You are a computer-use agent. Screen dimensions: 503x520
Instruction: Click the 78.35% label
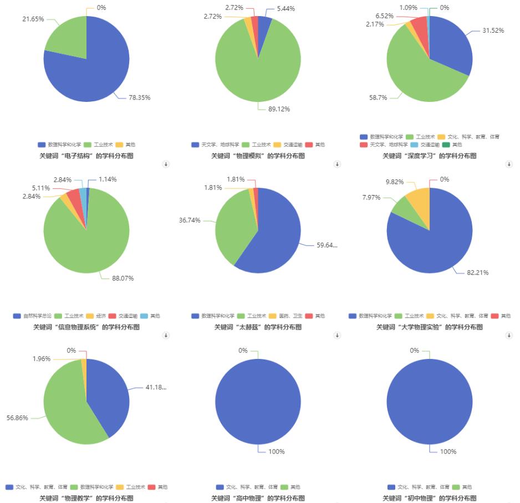[x=139, y=97]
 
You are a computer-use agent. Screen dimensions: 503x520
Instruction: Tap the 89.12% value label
[x=279, y=109]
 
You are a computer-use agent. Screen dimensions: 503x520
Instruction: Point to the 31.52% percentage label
[x=493, y=30]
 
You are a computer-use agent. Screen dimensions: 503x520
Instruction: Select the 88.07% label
[x=123, y=278]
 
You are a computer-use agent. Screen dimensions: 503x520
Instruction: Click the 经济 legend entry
[x=96, y=316]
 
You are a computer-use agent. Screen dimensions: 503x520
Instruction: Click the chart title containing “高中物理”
[x=258, y=498]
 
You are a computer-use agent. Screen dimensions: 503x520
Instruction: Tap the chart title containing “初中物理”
[x=429, y=498]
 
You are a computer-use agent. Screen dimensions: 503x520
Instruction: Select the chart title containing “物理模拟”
[x=258, y=156]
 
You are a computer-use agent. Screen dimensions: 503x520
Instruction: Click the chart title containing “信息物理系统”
[x=86, y=327]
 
